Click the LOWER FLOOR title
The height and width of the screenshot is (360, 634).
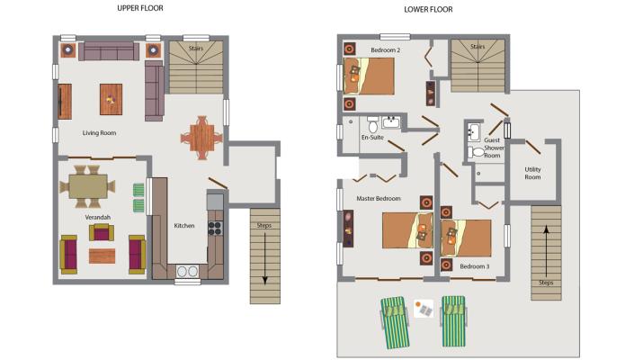[x=427, y=10]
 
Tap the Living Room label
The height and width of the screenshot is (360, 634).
[x=99, y=133]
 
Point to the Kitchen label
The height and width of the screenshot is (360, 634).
[x=184, y=226]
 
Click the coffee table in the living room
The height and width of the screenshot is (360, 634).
[x=111, y=98]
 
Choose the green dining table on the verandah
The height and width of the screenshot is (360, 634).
[x=88, y=186]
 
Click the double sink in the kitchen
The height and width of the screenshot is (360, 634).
[x=187, y=270]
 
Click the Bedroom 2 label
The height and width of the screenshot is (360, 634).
[x=385, y=50]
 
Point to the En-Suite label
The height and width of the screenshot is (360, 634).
[x=372, y=138]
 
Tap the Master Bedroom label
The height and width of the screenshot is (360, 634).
[x=378, y=198]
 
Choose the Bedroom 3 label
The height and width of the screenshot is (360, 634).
[x=474, y=266]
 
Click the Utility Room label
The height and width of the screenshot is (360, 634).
[x=532, y=173]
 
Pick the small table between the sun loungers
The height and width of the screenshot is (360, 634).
[x=425, y=309]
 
